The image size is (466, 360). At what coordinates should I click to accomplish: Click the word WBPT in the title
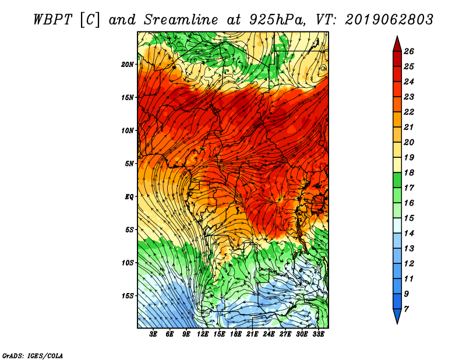(52, 20)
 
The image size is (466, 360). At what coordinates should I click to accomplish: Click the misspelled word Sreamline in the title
(181, 20)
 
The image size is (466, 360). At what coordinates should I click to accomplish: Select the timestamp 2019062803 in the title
(389, 20)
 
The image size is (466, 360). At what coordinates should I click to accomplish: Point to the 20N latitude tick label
(128, 65)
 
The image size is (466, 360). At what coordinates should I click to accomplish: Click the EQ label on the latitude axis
(129, 197)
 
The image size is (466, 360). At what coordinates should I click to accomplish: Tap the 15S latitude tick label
(128, 296)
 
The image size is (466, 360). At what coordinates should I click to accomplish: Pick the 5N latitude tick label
(129, 164)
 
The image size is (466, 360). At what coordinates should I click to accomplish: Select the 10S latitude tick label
(128, 263)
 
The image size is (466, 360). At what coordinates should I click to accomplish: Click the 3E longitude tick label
(153, 334)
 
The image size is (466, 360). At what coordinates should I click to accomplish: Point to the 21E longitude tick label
(252, 334)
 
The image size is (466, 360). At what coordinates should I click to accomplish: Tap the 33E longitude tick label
(318, 334)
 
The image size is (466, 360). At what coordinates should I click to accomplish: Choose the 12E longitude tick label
(202, 334)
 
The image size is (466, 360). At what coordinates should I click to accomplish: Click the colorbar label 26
(409, 51)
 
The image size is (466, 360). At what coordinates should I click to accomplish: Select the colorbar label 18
(409, 172)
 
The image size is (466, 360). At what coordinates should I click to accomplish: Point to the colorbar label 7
(406, 309)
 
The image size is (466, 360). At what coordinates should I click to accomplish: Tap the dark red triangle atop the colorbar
(397, 45)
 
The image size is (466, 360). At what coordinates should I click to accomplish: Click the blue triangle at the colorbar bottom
(397, 315)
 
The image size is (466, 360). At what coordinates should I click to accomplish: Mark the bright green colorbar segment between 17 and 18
(397, 180)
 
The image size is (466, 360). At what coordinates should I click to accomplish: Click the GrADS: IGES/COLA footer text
(33, 355)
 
